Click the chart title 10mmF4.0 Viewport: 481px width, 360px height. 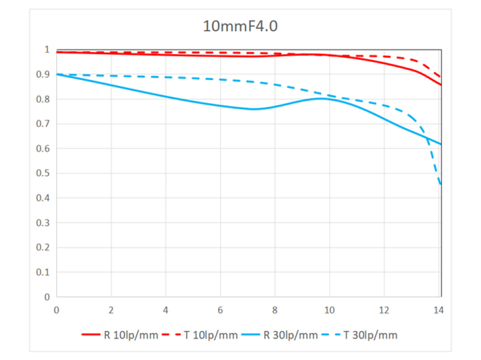coord(240,26)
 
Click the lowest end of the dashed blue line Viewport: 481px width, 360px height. coord(440,184)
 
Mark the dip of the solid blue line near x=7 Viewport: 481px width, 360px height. coord(253,109)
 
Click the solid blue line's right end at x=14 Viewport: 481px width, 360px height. coord(440,144)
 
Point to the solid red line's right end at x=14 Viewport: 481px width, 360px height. coord(440,84)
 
